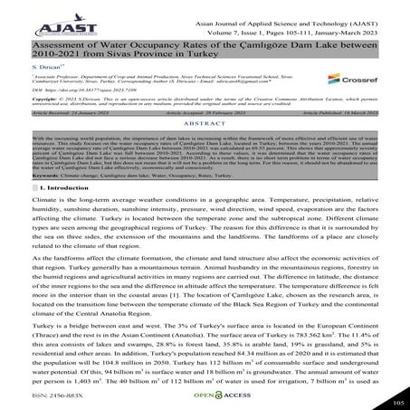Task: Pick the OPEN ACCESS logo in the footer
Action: tap(205, 395)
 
